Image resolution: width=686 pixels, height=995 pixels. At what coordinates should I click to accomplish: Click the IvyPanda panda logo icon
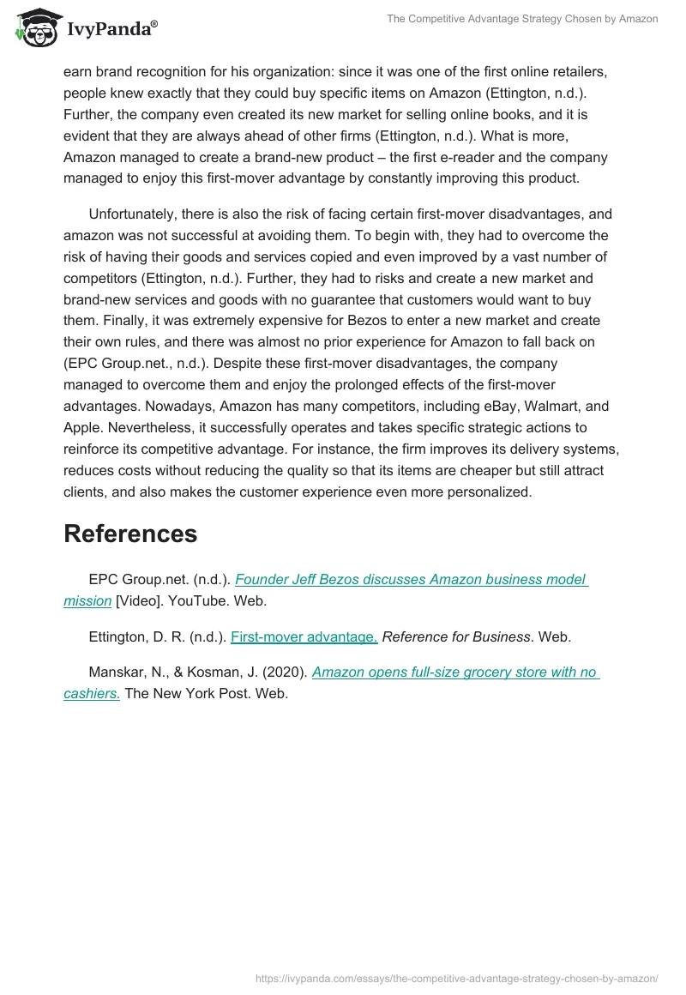coord(35,29)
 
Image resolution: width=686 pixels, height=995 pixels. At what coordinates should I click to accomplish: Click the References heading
coord(130,534)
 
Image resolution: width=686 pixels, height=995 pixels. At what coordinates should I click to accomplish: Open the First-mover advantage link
coord(304,636)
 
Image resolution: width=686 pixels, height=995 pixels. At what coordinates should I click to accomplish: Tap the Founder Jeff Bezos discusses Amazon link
coord(411,579)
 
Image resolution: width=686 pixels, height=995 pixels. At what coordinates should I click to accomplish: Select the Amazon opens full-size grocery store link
coord(455,672)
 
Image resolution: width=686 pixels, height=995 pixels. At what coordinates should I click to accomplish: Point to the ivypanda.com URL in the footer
coord(457,978)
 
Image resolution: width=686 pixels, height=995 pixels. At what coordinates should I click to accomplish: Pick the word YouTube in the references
coord(194,601)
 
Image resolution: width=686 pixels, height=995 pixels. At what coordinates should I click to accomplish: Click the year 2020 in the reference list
coord(288,672)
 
